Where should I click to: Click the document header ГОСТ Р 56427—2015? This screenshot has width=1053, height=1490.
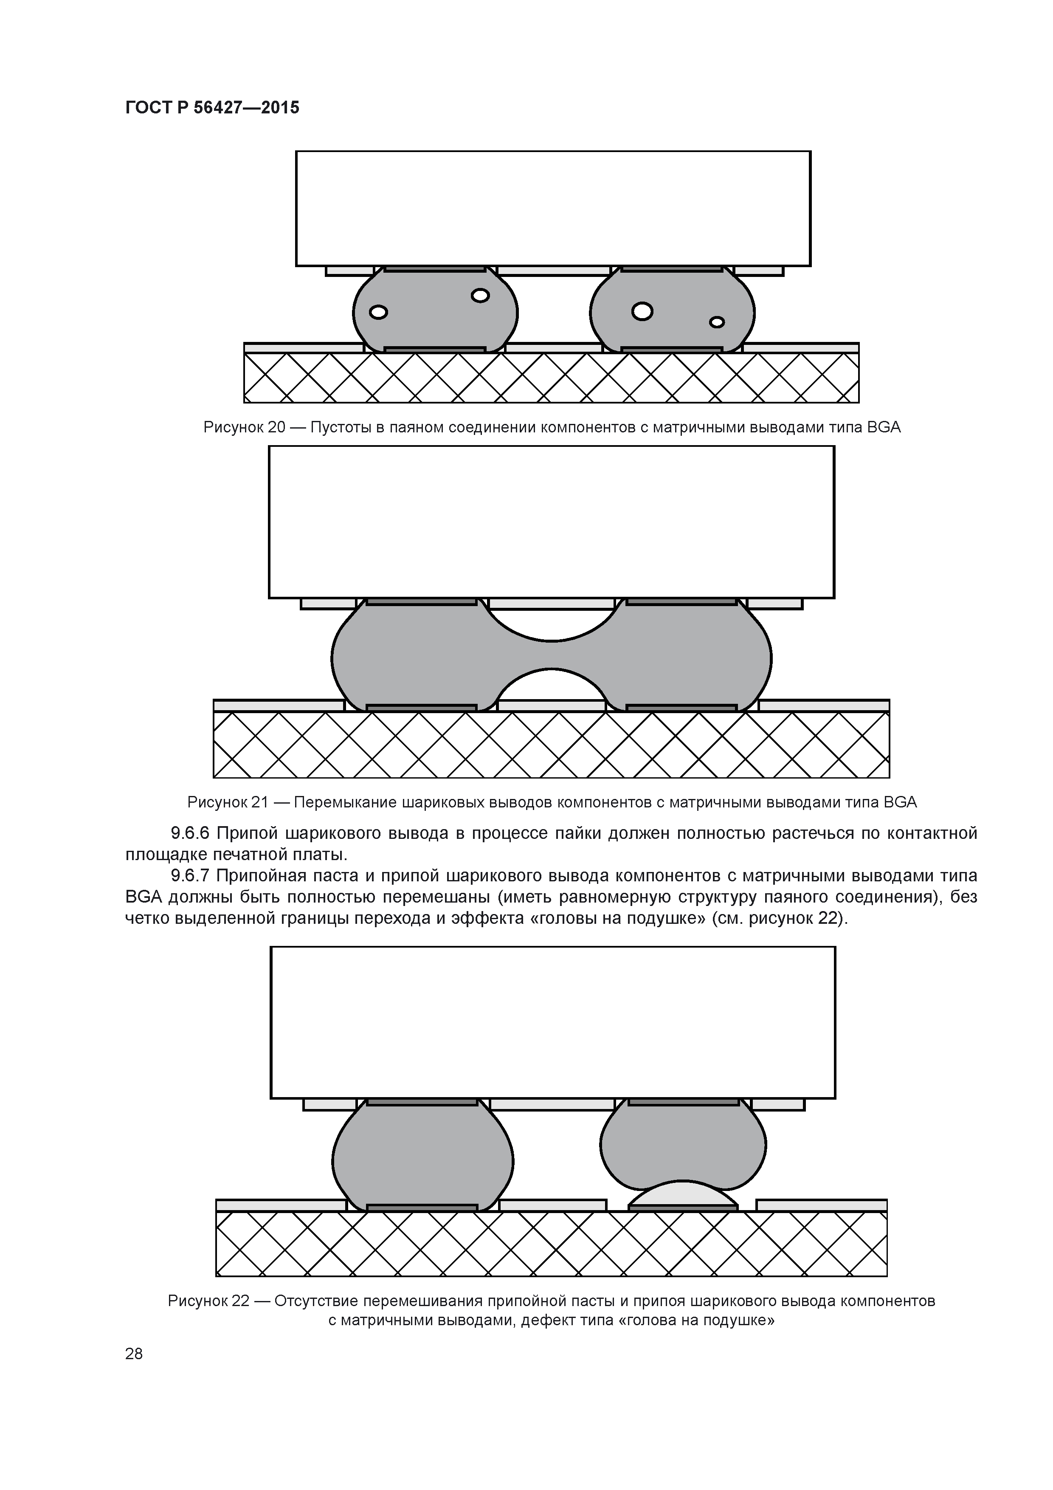(x=212, y=108)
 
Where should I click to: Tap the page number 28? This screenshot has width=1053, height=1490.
(x=134, y=1353)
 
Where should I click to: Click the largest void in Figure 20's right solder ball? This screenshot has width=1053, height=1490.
(x=642, y=311)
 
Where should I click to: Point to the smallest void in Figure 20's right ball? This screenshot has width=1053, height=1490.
(x=717, y=322)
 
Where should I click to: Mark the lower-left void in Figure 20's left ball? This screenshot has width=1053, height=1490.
(x=378, y=313)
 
